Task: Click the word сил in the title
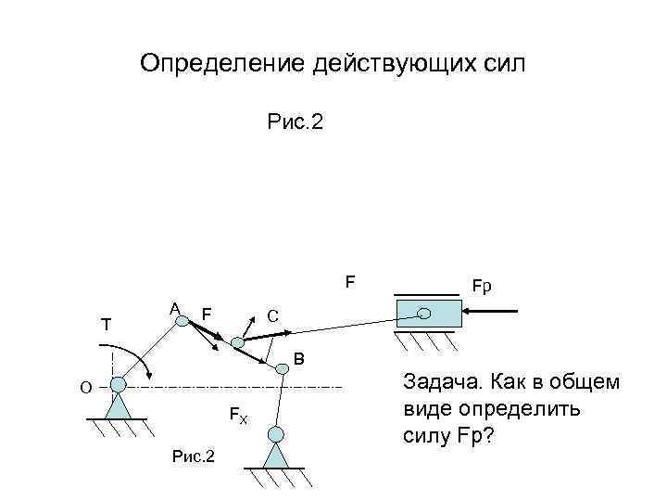502,64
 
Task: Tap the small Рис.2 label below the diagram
194,456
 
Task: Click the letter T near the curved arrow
107,325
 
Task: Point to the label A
173,308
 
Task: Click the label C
273,315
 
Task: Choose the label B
298,359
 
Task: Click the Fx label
238,415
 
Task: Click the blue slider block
427,314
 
